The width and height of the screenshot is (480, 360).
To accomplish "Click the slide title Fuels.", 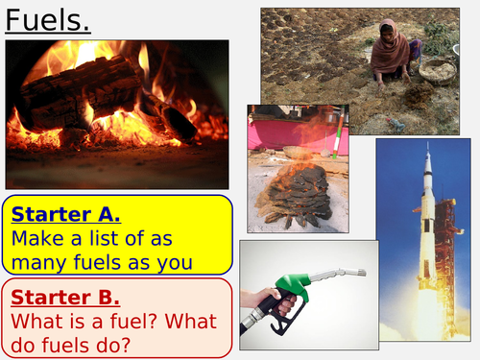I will click(x=43, y=20).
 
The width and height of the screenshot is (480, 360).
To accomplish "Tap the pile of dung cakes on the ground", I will click(x=298, y=192).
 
